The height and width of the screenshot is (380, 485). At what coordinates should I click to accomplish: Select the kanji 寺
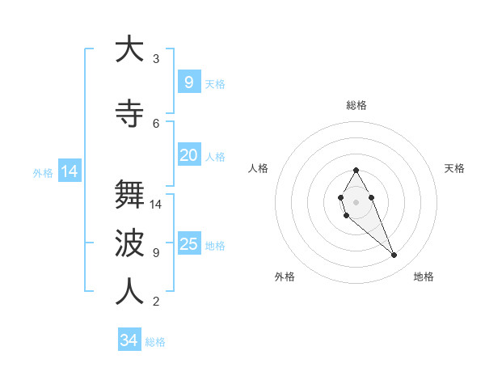(x=129, y=113)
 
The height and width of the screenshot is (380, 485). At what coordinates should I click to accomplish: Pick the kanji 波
(x=129, y=243)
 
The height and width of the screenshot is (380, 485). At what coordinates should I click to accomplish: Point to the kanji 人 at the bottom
(x=129, y=292)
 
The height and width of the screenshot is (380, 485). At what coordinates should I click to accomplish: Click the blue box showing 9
(x=188, y=82)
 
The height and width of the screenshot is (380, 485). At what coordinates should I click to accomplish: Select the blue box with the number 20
(x=188, y=155)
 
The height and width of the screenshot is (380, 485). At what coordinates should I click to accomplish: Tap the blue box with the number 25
(x=188, y=244)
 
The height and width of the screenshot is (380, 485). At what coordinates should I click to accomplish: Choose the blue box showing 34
(x=129, y=340)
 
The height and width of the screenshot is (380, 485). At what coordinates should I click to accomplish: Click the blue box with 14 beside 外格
(x=69, y=171)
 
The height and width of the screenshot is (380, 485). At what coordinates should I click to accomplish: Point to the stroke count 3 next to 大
(x=156, y=58)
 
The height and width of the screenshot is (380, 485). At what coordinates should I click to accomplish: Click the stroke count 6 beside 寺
(x=156, y=123)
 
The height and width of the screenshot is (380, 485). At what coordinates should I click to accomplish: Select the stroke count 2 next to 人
(x=156, y=302)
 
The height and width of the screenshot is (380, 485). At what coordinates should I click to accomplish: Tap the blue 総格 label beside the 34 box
(x=155, y=342)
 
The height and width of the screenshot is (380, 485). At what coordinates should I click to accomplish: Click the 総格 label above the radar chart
(x=356, y=105)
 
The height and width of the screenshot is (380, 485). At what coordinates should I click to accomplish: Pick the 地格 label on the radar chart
(x=424, y=277)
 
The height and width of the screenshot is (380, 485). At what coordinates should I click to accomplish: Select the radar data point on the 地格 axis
(x=394, y=255)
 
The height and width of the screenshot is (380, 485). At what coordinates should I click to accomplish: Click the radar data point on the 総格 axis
(x=356, y=170)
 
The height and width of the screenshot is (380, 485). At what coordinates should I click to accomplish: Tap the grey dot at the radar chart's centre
(x=356, y=201)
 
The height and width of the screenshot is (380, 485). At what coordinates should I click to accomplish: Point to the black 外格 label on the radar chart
(x=285, y=277)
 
